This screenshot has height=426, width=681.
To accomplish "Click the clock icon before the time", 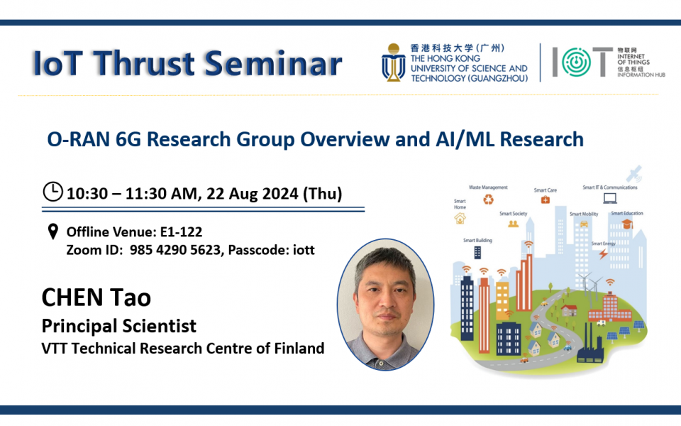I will coord(52,192).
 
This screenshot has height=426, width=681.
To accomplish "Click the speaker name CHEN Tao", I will coord(96,297).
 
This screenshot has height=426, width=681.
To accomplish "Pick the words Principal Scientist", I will coord(118,326).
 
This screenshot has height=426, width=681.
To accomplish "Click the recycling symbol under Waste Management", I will coord(489,200).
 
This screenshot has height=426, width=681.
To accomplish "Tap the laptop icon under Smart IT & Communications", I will coord(609,198).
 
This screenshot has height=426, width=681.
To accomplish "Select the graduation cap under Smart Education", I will coord(627,224).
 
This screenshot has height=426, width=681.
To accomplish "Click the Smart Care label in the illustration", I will coord(545,190).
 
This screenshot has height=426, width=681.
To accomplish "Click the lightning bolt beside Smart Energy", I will coord(602,253).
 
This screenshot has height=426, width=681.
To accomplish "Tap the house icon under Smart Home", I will coord(460,218).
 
